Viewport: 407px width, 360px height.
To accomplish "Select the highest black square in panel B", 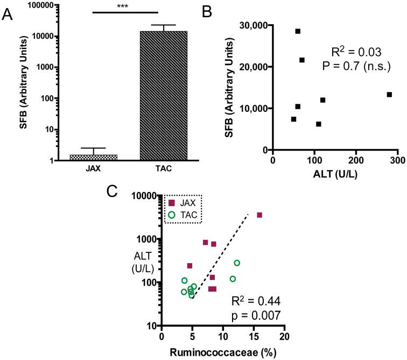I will [298, 31].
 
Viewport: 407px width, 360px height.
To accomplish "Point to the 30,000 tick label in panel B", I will [251, 25].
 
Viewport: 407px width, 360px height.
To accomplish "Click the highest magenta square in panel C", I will [259, 215].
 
